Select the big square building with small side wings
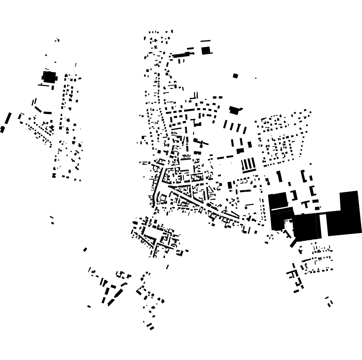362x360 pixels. (x=49, y=77)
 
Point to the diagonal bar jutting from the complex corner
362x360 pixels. (x=293, y=243)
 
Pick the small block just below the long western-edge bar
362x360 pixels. (x=2, y=129)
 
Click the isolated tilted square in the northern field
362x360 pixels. (x=235, y=76)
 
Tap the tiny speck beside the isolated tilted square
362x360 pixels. (x=256, y=78)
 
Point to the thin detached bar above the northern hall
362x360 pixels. (x=206, y=41)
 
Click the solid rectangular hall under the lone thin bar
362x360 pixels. (x=206, y=50)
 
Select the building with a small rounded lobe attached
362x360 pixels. (x=234, y=110)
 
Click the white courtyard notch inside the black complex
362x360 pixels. (x=288, y=224)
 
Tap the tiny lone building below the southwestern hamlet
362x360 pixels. (x=89, y=306)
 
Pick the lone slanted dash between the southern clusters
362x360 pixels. (x=168, y=267)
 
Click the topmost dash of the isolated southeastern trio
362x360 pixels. (x=327, y=298)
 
